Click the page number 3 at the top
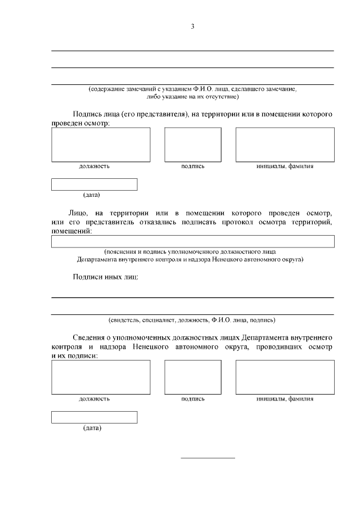click(192, 26)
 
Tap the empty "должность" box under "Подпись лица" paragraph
click(101, 145)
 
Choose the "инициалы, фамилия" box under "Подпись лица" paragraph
click(285, 145)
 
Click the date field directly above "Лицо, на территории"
click(94, 184)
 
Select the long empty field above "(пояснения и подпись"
click(192, 241)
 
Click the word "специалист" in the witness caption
click(159, 320)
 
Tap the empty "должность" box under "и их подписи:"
click(101, 377)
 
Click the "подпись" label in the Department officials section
click(192, 399)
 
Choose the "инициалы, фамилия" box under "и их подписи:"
click(285, 377)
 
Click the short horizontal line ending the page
click(208, 458)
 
